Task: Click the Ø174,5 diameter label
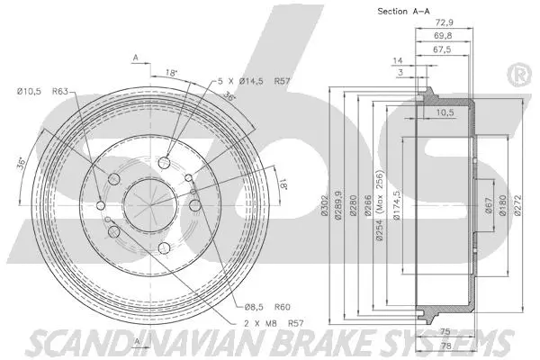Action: click(397, 202)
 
